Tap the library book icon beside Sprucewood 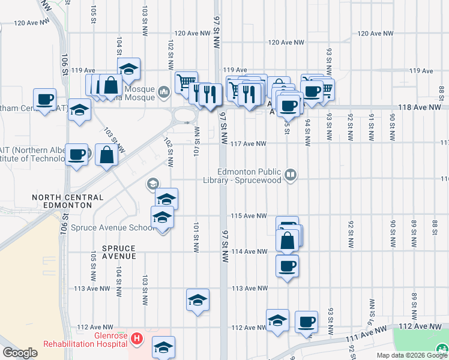[291, 175]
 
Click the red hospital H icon [137, 339]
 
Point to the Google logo [20, 352]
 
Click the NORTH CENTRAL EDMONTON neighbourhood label [62, 201]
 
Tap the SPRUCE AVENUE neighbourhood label [119, 252]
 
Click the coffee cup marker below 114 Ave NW [288, 265]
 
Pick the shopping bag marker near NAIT [106, 155]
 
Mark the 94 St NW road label [307, 133]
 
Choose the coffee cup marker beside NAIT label [76, 155]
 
